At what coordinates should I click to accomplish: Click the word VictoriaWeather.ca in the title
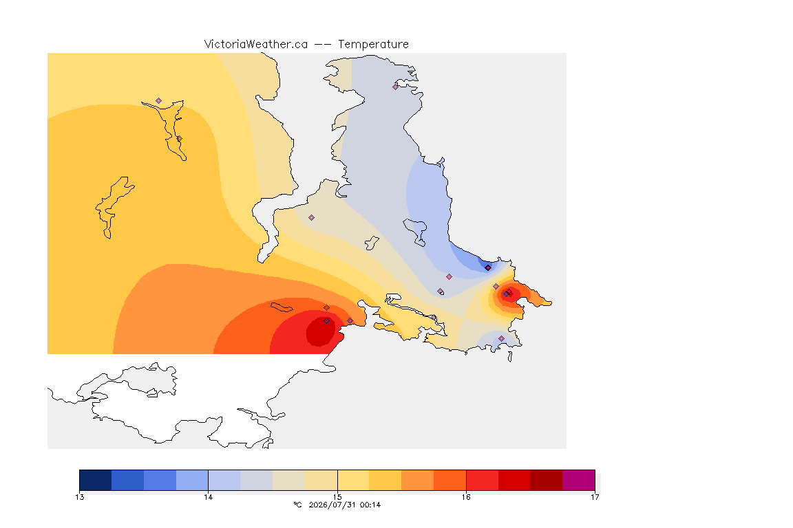tap(256, 45)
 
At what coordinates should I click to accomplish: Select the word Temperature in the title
tap(373, 45)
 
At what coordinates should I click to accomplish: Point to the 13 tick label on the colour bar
tap(79, 497)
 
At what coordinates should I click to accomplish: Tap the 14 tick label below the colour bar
tap(209, 497)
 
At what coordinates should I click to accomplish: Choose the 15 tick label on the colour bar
tap(337, 497)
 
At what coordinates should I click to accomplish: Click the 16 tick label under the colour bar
tap(466, 497)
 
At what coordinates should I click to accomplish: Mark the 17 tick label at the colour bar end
tap(595, 497)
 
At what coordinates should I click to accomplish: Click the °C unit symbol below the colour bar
tap(297, 505)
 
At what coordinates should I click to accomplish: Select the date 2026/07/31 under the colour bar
tap(332, 505)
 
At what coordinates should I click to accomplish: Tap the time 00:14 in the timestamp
tap(370, 505)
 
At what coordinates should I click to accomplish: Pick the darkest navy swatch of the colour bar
tap(96, 480)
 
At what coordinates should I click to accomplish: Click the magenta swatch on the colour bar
tap(578, 480)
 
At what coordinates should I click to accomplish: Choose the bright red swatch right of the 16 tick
tap(483, 480)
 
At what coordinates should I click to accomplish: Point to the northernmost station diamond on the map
tap(396, 87)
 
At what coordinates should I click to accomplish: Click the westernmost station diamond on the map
tap(159, 101)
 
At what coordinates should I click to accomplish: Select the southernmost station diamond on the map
tap(501, 338)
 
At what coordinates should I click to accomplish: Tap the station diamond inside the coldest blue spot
tap(487, 268)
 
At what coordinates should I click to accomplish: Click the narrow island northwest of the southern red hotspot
tap(282, 307)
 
